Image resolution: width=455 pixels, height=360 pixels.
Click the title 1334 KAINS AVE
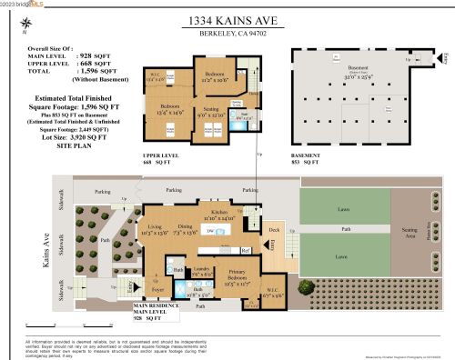pos(227,17)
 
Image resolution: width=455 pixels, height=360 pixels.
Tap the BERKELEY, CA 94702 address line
pos(228,34)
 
